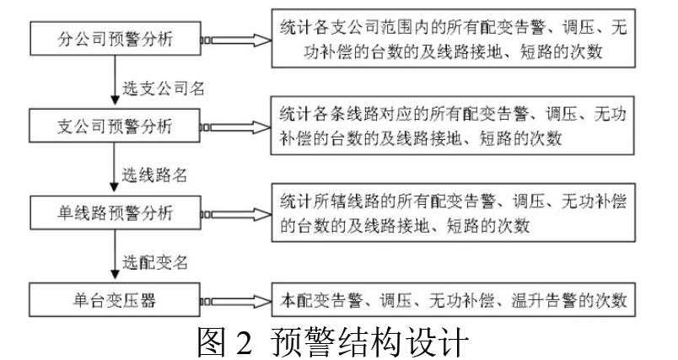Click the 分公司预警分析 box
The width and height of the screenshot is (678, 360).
click(x=114, y=40)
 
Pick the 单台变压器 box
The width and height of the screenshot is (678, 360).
click(x=114, y=299)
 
